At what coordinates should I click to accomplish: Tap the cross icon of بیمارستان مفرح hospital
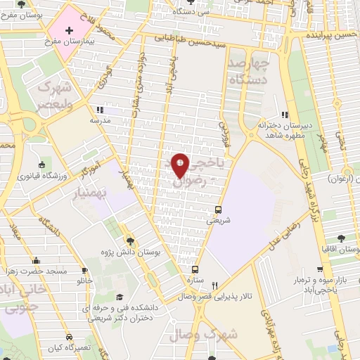(69, 31)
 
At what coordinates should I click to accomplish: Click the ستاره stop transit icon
(195, 269)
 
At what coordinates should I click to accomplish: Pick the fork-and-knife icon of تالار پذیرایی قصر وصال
(217, 286)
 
